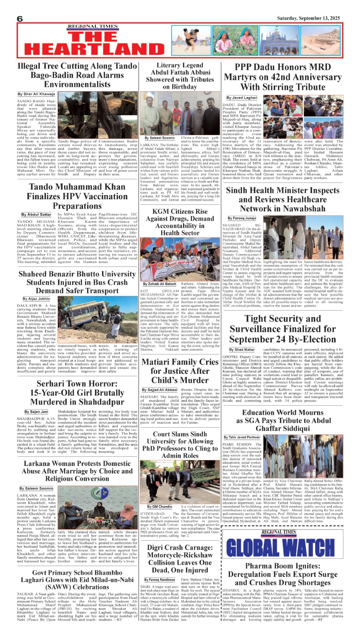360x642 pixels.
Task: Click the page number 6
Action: click(20, 19)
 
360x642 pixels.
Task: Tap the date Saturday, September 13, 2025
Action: click(308, 18)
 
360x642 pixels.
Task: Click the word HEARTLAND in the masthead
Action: click(89, 49)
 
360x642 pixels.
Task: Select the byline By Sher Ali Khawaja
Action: click(36, 94)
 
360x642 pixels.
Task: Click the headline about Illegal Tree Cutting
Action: click(77, 75)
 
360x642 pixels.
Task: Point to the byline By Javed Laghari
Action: click(242, 97)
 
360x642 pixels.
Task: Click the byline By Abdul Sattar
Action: click(36, 214)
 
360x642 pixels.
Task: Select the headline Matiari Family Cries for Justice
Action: click(180, 371)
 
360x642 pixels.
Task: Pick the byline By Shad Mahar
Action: click(242, 350)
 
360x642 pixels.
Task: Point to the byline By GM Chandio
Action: click(160, 506)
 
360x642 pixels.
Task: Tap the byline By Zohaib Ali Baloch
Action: click(160, 284)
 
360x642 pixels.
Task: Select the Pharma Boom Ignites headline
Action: click(282, 574)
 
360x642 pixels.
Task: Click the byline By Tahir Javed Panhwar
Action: click(247, 437)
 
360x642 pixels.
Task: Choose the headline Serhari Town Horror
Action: click(77, 393)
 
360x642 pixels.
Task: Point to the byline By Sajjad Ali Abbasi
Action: click(160, 389)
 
